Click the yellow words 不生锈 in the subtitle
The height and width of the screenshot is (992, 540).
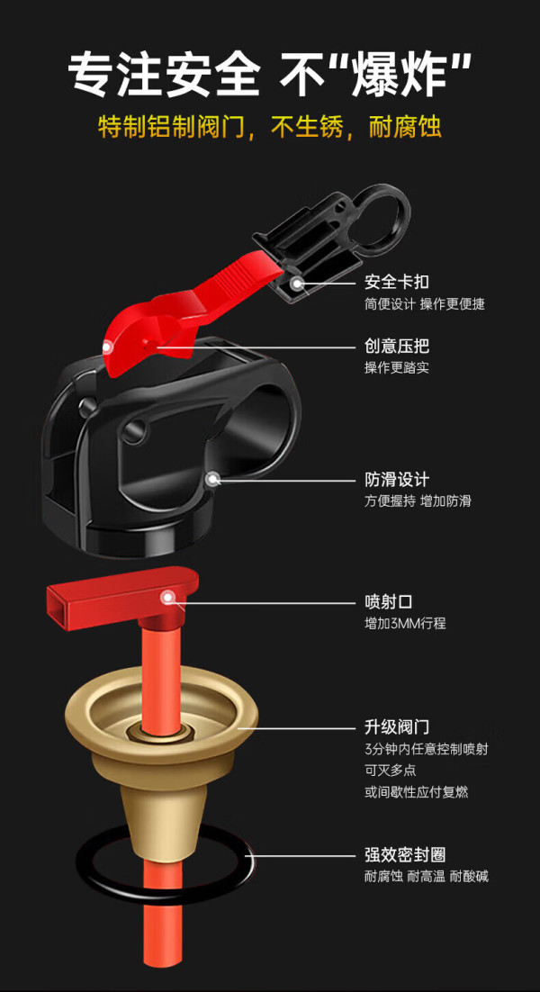click(307, 128)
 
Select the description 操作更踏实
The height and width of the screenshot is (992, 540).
click(397, 367)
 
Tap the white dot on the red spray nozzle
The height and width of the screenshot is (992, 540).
click(168, 597)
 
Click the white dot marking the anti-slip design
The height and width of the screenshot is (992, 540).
click(213, 479)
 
